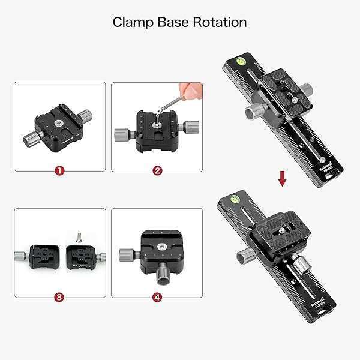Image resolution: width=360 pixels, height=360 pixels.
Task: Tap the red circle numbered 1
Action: (59, 171)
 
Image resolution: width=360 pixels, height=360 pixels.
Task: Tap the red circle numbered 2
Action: (157, 171)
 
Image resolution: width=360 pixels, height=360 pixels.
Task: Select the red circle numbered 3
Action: (59, 296)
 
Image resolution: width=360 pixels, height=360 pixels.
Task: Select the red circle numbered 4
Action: (157, 296)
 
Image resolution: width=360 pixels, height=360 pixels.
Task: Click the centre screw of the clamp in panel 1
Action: (59, 123)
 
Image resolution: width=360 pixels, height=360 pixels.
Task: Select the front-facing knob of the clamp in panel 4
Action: (163, 275)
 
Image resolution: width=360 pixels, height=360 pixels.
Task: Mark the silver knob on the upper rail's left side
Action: (250, 112)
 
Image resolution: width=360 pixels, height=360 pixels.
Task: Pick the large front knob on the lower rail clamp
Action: (300, 265)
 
